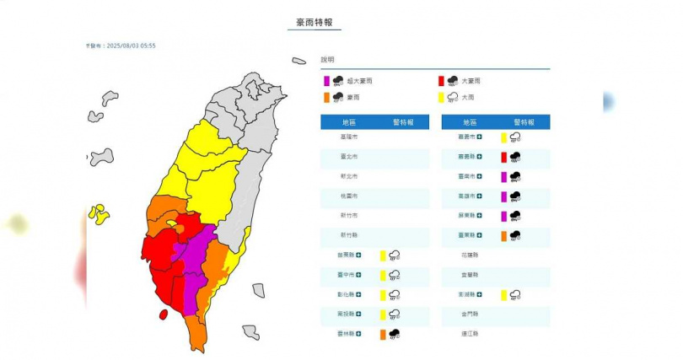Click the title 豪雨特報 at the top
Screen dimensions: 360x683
315,23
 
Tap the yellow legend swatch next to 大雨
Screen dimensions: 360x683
441,97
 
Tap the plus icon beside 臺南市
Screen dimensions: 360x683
479,176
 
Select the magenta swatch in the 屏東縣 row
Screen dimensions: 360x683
503,216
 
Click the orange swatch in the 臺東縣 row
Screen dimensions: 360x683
503,235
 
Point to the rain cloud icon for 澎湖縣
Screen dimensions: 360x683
514,295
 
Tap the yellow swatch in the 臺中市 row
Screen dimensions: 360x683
382,275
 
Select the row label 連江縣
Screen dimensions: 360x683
468,334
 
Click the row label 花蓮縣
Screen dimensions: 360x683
468,255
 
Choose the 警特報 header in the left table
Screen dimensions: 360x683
402,122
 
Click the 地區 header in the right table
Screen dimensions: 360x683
468,122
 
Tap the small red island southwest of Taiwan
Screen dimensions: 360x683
163,314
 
